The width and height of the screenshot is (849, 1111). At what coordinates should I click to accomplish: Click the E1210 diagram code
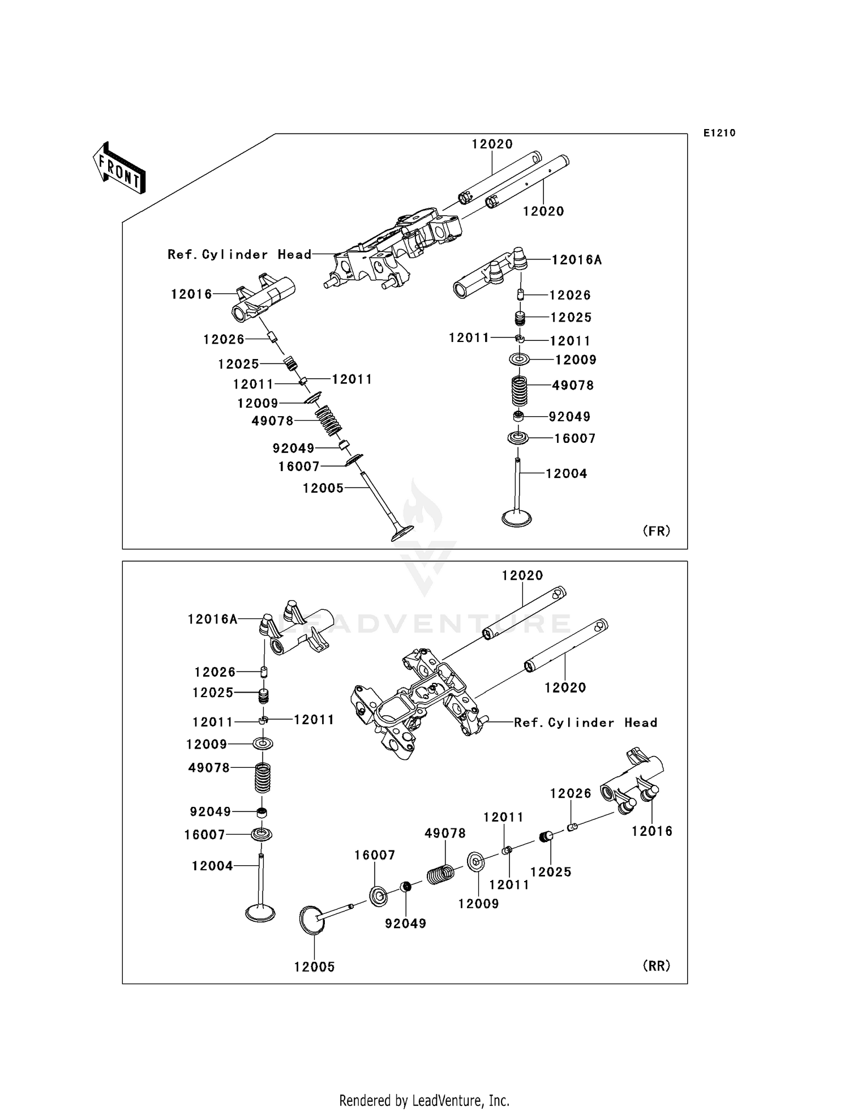click(719, 133)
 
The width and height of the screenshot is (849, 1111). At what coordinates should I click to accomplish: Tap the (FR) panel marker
click(657, 531)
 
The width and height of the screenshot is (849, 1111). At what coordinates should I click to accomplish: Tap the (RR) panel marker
click(657, 965)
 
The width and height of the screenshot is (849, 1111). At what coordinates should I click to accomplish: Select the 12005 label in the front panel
click(323, 488)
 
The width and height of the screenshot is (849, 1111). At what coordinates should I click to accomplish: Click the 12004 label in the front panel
click(567, 473)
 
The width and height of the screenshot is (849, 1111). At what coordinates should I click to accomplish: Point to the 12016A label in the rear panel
click(213, 619)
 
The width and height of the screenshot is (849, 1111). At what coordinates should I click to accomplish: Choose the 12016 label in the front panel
click(191, 294)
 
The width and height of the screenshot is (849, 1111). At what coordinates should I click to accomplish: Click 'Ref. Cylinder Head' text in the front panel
click(239, 255)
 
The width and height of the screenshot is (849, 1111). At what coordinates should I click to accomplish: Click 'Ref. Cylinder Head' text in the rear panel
click(586, 723)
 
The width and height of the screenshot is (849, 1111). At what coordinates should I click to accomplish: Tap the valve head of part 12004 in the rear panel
click(260, 913)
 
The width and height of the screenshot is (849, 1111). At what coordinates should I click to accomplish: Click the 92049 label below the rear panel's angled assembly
click(405, 924)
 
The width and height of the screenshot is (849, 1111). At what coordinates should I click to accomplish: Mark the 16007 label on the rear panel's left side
click(204, 835)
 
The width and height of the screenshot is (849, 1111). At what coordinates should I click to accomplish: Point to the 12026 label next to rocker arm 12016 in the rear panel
click(571, 793)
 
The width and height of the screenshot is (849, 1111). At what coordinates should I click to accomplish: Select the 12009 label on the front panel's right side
click(576, 360)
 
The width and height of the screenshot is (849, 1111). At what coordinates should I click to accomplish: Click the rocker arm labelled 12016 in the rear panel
click(632, 783)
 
